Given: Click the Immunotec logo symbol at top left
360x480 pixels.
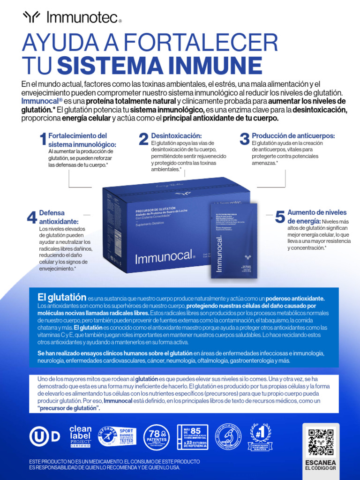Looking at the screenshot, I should (x=32, y=17).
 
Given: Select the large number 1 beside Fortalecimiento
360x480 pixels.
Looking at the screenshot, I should (x=43, y=139).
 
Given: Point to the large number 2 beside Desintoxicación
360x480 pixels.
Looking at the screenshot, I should (x=143, y=139).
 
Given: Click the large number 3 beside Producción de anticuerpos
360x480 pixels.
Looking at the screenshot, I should (x=244, y=139).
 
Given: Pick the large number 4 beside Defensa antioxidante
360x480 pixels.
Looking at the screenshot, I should (x=32, y=217).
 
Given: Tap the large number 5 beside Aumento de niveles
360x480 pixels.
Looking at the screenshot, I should (x=280, y=217).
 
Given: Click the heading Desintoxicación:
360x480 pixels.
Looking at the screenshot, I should (x=176, y=135).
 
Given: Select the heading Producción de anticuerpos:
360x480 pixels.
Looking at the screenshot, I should (x=293, y=135).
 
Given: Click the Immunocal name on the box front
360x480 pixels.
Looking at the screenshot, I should (x=164, y=257).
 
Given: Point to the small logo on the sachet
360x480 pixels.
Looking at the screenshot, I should (x=247, y=257).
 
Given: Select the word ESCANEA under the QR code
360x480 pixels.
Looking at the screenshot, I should (x=321, y=462).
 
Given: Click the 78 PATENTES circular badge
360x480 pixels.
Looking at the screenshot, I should (x=157, y=437).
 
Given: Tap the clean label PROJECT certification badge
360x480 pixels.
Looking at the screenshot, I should (x=80, y=436).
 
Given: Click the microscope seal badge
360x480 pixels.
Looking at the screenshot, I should (x=228, y=437).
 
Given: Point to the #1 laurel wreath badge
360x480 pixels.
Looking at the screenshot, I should (x=261, y=437).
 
